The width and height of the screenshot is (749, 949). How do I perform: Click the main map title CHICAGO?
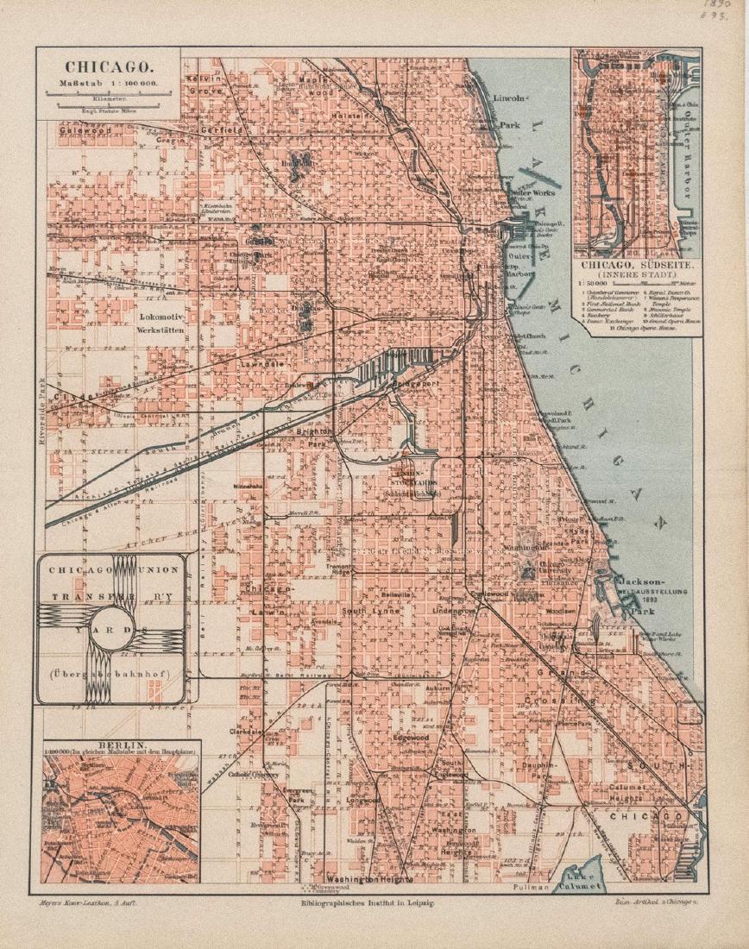point(108,66)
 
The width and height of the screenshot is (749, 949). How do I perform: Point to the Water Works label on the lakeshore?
point(532,193)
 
